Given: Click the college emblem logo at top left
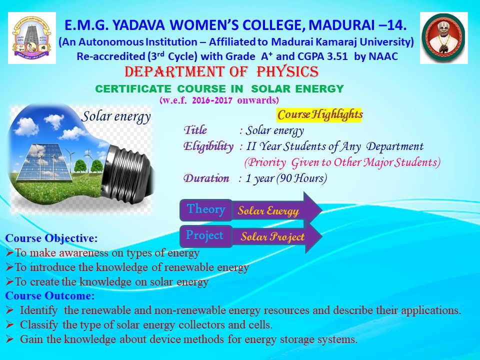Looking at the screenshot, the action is point(32,38).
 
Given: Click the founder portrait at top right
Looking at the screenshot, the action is point(444,38).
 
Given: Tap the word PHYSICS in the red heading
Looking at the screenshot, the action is point(288,72).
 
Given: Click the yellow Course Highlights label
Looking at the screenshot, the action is point(319,115).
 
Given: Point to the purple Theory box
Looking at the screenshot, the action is point(206,209).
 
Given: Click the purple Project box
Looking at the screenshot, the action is point(205,236).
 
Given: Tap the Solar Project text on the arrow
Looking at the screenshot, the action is point(272,236).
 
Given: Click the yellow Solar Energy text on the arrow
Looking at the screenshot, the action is point(268,211).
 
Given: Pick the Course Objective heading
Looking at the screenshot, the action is point(51,238).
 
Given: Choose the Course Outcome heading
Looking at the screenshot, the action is point(50,295).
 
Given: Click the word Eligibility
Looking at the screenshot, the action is point(208,146).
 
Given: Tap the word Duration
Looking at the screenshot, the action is point(206,178).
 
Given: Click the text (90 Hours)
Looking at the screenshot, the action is point(301,178).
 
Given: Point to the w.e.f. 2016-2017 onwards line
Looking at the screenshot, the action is point(219,100).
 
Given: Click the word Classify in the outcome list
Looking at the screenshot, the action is point(39,325).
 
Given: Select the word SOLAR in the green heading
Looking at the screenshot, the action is point(270,89).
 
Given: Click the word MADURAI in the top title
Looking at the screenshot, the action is point(341,25).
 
